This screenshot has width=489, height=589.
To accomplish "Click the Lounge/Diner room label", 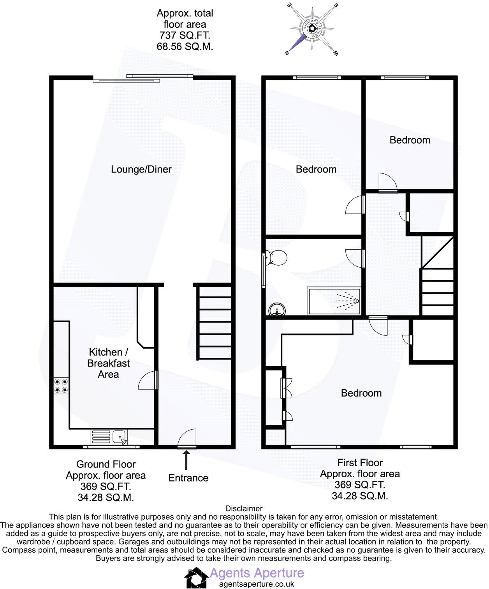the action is point(141,169).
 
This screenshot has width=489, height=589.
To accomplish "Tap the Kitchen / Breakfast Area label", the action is point(108,363).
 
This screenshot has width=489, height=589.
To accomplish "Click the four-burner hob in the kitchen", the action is point(61,386).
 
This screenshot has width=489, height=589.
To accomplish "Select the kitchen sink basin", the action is point(120,437).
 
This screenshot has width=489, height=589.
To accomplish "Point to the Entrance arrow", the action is point(186,460).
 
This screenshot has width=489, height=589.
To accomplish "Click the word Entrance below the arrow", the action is point(188,478).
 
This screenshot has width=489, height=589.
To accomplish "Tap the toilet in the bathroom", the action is point(275,257).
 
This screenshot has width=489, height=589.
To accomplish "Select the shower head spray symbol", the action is point(348,301).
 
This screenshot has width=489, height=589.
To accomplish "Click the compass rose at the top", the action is point(312,29).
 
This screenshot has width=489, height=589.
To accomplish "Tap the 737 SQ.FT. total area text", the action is point(185,35).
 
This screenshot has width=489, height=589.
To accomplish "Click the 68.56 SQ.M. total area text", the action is point(185,46).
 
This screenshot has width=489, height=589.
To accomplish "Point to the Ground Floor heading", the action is point(106,464).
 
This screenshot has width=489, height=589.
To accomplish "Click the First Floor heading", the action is point(360,463).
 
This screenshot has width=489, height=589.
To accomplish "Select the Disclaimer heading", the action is point(244,508).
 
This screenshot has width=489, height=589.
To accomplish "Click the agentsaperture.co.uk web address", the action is point(257,584).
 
